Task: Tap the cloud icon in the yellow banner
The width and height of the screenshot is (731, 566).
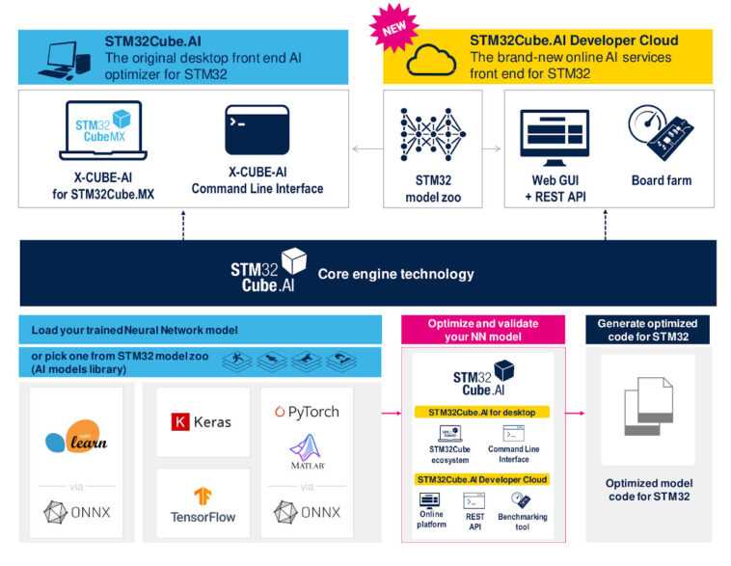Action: tap(426, 60)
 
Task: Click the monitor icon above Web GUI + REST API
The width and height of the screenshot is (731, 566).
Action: tap(555, 136)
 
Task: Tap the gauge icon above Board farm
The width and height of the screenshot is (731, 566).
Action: tap(660, 133)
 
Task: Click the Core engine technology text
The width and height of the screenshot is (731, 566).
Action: tap(395, 274)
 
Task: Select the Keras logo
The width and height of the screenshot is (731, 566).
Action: tap(203, 421)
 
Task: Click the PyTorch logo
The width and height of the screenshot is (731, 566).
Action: tap(307, 412)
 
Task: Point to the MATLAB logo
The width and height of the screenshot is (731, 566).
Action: tap(306, 452)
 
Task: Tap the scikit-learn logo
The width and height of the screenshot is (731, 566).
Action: tap(76, 440)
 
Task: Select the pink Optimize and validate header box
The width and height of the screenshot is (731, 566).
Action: tap(482, 331)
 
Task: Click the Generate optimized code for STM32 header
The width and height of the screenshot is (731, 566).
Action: tap(647, 331)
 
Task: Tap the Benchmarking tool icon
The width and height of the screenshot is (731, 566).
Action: tap(521, 500)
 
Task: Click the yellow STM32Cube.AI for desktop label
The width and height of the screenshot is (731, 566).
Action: tap(481, 412)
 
